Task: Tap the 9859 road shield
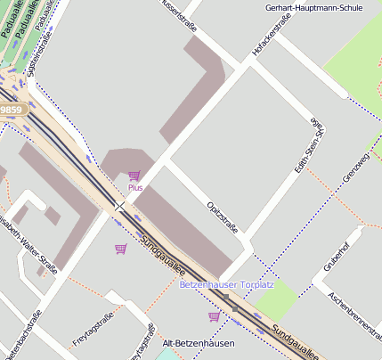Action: point(12,110)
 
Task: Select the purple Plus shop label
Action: point(134,188)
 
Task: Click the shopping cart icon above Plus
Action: point(134,176)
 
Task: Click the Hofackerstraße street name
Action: point(273,42)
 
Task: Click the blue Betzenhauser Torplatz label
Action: point(226,285)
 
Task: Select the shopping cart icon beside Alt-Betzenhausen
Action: point(214,316)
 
